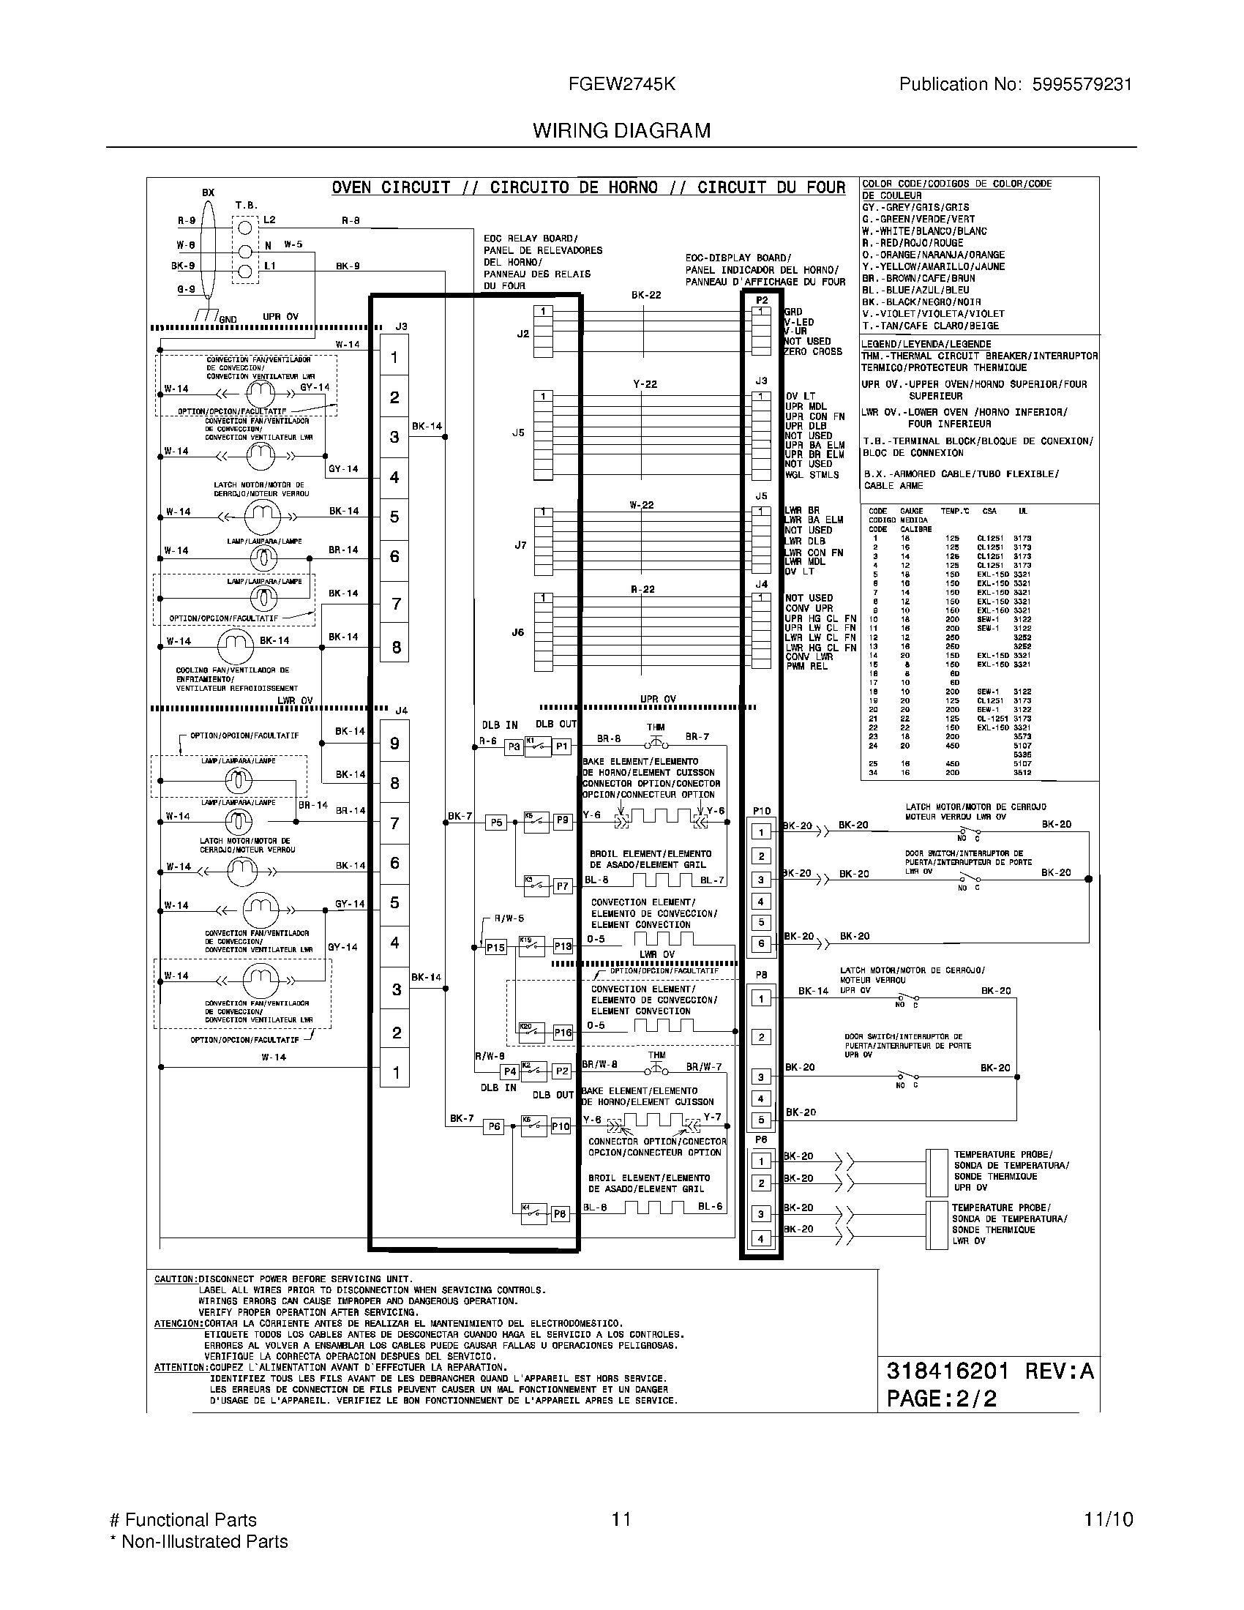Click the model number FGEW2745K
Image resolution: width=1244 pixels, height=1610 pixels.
tap(621, 85)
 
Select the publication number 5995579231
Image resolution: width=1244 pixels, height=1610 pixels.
tap(1082, 85)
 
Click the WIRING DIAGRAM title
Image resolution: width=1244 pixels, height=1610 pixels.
tap(621, 131)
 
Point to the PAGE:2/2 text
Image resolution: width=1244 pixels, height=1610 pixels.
tap(942, 1399)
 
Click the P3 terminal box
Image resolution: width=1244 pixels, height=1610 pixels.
tap(514, 746)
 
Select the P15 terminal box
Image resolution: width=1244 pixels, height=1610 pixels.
tap(495, 947)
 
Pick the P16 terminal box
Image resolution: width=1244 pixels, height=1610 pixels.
tap(563, 1033)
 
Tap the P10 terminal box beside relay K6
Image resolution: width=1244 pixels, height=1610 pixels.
tap(561, 1126)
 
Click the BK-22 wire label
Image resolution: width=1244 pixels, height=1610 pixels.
tap(645, 295)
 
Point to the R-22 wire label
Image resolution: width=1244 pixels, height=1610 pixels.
tap(642, 589)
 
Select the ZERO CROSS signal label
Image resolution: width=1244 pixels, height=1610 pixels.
tap(813, 351)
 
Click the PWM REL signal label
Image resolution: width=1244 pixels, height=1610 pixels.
tap(806, 667)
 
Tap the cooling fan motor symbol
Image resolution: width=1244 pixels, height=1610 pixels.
tap(235, 645)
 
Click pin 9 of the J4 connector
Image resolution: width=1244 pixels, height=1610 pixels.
tap(395, 743)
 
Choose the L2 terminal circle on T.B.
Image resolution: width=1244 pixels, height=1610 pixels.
tap(245, 225)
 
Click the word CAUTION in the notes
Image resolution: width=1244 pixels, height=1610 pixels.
tap(175, 1279)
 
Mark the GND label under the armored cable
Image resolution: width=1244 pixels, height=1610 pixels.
tap(228, 319)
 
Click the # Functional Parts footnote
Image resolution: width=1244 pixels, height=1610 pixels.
tap(183, 1520)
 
